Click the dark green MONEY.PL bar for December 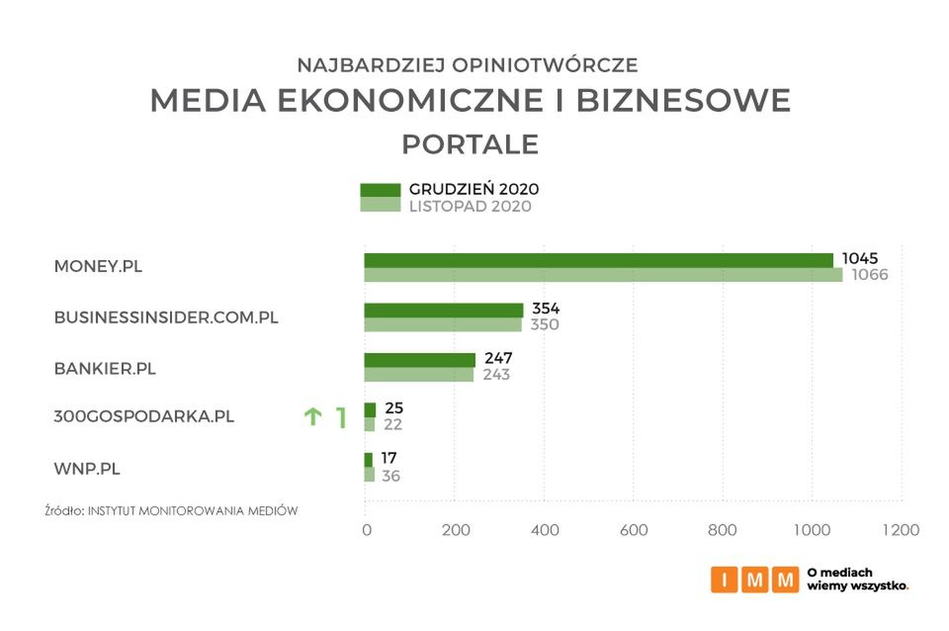(598, 260)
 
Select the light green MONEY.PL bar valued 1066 (603, 275)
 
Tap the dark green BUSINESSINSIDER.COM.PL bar (443, 310)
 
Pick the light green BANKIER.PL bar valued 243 (418, 375)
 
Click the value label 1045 (859, 258)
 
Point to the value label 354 (546, 309)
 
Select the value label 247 (497, 358)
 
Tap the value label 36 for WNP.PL (391, 476)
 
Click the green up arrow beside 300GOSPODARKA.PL (312, 417)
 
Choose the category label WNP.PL (87, 468)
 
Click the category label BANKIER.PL (105, 368)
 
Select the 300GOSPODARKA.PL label (143, 416)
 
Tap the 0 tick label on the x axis (367, 530)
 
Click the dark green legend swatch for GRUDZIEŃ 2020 (380, 189)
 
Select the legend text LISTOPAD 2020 (470, 206)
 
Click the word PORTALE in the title (470, 144)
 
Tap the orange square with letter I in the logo (725, 580)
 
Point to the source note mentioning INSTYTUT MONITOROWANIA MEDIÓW (171, 510)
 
